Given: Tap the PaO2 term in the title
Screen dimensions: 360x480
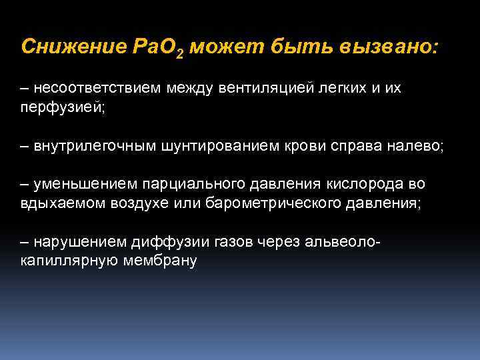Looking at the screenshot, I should tap(155, 48).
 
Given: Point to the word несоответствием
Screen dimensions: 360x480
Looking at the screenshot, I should tap(89, 89).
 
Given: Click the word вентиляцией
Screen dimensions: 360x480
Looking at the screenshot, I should tap(264, 89).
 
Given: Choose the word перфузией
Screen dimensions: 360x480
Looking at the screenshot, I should tap(63, 108).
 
